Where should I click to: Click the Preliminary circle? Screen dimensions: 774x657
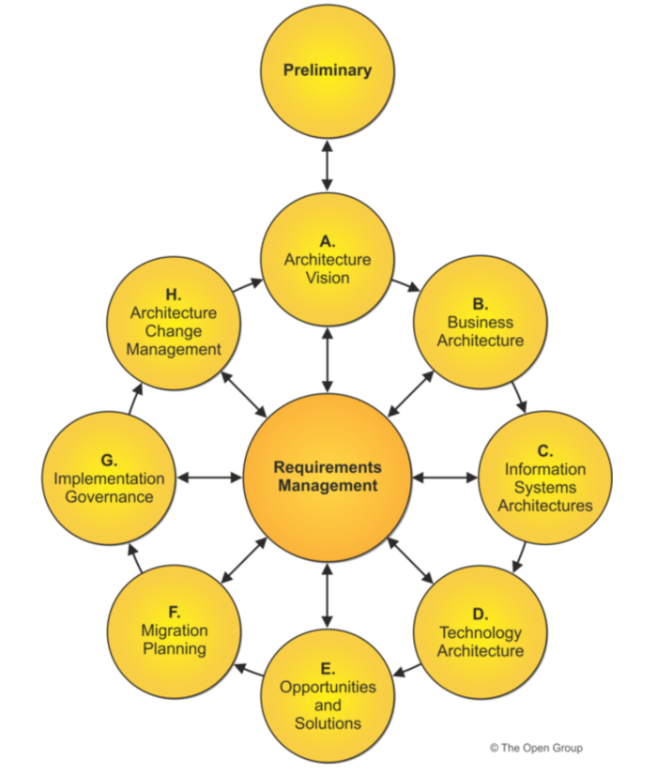tap(327, 70)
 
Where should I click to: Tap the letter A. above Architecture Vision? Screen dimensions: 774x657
tap(328, 241)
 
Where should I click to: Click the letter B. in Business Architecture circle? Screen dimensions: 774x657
tap(480, 304)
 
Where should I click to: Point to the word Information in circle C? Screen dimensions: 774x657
tap(545, 469)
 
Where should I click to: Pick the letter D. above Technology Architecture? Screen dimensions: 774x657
tap(480, 615)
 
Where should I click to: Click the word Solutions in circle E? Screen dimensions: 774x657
tap(328, 723)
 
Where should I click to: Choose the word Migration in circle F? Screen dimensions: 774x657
tap(175, 630)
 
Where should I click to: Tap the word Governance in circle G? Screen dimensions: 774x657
tap(109, 496)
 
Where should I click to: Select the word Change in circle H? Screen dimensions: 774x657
tap(175, 331)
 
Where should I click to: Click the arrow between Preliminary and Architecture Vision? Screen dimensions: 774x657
tap(327, 166)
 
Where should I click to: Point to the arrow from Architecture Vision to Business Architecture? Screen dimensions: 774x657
tap(405, 283)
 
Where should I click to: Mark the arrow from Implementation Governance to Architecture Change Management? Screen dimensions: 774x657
tap(134, 399)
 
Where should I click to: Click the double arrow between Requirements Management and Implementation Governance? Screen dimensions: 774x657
tap(210, 478)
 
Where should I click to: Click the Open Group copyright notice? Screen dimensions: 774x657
tap(535, 748)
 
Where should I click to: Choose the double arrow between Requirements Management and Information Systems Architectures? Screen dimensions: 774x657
tap(444, 478)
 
